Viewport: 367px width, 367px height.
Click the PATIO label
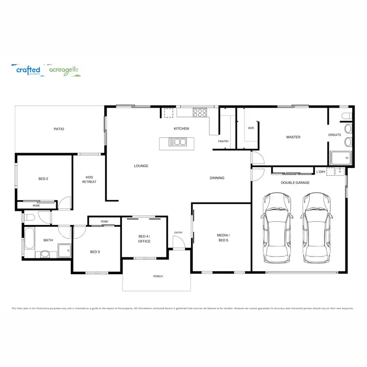point(59,129)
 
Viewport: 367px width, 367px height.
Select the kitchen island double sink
point(177,142)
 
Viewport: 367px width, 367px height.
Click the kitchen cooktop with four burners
point(200,113)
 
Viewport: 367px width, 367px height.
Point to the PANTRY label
point(223,141)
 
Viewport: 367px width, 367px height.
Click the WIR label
point(251,128)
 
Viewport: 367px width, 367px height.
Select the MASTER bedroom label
point(293,137)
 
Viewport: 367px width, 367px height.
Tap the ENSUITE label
point(335,135)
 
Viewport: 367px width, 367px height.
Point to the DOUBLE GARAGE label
point(295,183)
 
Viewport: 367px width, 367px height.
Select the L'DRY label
point(321,172)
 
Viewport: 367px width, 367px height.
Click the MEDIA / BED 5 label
point(223,238)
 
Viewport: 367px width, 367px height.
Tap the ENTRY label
point(178,232)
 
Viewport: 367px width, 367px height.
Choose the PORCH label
point(158,276)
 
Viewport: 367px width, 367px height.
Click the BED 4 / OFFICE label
point(144,238)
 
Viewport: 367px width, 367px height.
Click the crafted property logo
point(28,70)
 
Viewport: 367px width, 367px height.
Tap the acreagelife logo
point(64,70)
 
